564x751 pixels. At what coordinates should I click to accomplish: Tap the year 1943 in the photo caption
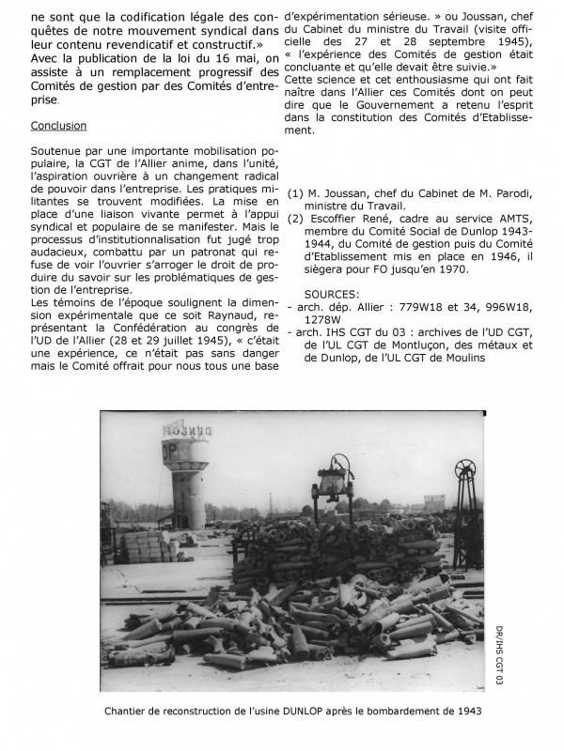click(465, 711)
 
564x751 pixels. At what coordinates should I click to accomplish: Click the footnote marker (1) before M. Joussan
click(297, 193)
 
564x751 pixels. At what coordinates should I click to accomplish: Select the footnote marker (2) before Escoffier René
click(297, 219)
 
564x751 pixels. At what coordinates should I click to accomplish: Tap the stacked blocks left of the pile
click(143, 544)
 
